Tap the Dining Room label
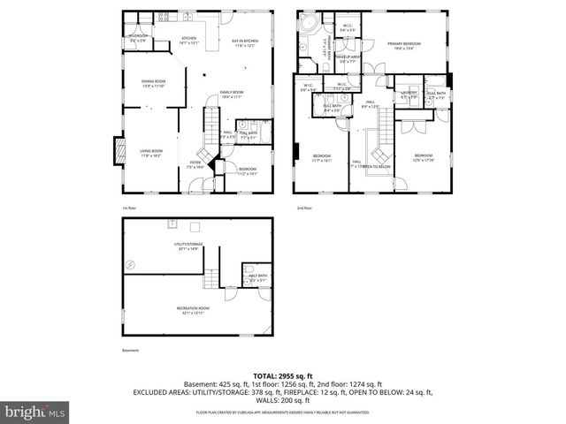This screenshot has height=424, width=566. pyautogui.click(x=153, y=84)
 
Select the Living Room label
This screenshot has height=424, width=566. pyautogui.click(x=151, y=154)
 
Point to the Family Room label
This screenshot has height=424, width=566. pyautogui.click(x=232, y=95)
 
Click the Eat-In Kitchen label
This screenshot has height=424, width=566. pyautogui.click(x=244, y=42)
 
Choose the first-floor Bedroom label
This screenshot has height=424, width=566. pyautogui.click(x=248, y=171)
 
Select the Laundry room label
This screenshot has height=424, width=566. pyautogui.click(x=409, y=94)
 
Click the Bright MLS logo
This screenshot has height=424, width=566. pyautogui.click(x=34, y=412)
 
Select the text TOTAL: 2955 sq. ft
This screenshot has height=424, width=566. pyautogui.click(x=282, y=375)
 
